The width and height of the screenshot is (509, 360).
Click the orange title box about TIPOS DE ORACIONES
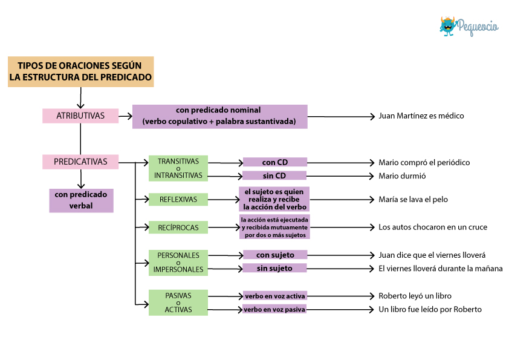[x=81, y=71]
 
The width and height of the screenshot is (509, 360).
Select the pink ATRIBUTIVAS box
[x=80, y=116]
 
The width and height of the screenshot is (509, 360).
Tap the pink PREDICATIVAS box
[x=80, y=162]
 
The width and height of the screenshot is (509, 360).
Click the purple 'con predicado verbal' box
[x=81, y=200]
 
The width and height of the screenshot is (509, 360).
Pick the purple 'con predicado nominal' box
[x=220, y=116]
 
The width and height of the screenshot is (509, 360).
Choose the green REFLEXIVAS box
[x=178, y=200]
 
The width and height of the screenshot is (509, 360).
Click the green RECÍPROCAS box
[x=178, y=227]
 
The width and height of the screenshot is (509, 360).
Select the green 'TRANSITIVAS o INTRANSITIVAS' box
[x=178, y=168]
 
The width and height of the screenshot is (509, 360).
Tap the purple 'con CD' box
[x=275, y=162]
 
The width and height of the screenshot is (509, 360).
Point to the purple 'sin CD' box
[x=274, y=175]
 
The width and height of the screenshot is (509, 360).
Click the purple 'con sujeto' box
[x=275, y=255]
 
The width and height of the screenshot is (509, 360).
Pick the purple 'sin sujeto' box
[x=274, y=268]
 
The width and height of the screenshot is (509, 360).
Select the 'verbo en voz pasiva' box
[x=274, y=309]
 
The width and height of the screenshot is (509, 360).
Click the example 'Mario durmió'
[x=402, y=176]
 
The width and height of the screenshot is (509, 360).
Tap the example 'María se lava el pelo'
[x=413, y=199]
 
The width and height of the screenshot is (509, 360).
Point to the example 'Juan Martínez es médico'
[x=421, y=116]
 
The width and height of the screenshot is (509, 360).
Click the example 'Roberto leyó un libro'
[x=415, y=296]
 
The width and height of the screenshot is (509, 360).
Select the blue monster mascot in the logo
[x=448, y=27]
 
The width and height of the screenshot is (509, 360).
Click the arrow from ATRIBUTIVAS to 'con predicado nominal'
[x=125, y=116]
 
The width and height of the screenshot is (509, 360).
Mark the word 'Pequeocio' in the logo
[x=478, y=27]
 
